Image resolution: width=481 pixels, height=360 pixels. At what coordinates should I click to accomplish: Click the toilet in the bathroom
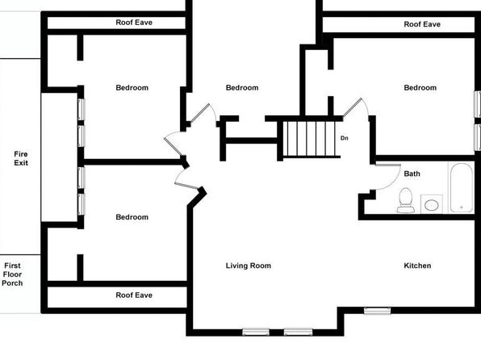405,200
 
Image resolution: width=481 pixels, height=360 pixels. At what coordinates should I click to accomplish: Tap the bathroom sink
432,204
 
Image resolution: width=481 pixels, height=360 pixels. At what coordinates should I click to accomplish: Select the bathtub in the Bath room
462,187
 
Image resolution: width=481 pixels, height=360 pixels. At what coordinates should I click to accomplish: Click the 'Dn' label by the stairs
344,138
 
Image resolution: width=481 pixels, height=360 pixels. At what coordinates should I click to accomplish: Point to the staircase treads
311,139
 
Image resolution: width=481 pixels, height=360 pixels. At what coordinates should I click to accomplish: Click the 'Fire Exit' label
21,158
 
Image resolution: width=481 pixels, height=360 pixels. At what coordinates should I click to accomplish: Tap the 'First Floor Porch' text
12,274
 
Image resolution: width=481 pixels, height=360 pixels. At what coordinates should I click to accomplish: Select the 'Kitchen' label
417,266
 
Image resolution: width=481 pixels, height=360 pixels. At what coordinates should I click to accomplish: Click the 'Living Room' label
249,266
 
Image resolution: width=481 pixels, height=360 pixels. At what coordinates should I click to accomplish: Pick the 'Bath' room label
412,174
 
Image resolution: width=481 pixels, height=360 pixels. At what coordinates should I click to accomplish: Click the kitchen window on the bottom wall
378,311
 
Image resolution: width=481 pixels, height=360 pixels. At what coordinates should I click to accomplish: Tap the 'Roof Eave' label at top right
422,24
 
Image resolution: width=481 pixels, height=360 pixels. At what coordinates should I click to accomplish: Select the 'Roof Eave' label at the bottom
134,295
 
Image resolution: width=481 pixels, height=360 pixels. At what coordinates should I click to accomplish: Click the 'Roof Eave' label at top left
134,23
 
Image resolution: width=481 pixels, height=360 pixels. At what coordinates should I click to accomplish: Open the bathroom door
388,165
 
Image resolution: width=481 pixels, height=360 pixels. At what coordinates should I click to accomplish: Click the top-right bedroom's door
352,107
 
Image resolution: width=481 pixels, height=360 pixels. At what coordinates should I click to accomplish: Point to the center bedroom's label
242,88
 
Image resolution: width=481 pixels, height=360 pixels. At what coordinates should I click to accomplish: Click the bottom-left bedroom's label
132,217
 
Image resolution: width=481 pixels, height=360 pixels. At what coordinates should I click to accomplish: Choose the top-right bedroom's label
420,88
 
